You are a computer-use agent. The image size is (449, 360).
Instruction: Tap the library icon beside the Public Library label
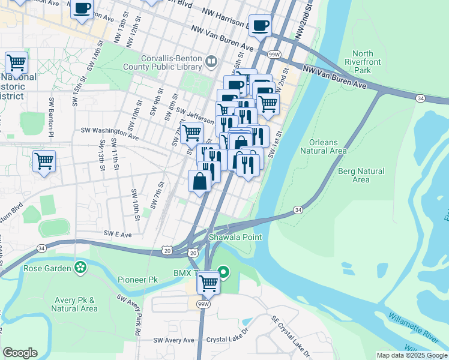[x=210, y=61]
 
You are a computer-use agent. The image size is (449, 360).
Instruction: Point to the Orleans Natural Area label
[x=328, y=146]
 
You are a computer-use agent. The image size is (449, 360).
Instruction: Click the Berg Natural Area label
[x=361, y=175]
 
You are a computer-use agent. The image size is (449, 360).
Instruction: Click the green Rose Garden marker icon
[x=79, y=268]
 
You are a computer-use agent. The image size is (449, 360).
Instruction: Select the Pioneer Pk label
[x=137, y=280]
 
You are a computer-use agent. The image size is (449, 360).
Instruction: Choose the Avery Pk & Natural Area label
[x=74, y=304]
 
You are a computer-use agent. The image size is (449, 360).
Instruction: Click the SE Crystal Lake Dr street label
[x=292, y=337]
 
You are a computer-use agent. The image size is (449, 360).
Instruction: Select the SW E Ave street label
[x=117, y=234]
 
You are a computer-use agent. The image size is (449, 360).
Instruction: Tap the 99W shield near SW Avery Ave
[x=205, y=304]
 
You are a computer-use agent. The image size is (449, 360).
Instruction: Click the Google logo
[x=20, y=353]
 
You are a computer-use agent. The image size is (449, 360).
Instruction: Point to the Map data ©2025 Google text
[x=411, y=355]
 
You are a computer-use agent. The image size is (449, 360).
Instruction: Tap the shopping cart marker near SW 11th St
[x=44, y=161]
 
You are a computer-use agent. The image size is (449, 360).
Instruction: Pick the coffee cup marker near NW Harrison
[x=259, y=26]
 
